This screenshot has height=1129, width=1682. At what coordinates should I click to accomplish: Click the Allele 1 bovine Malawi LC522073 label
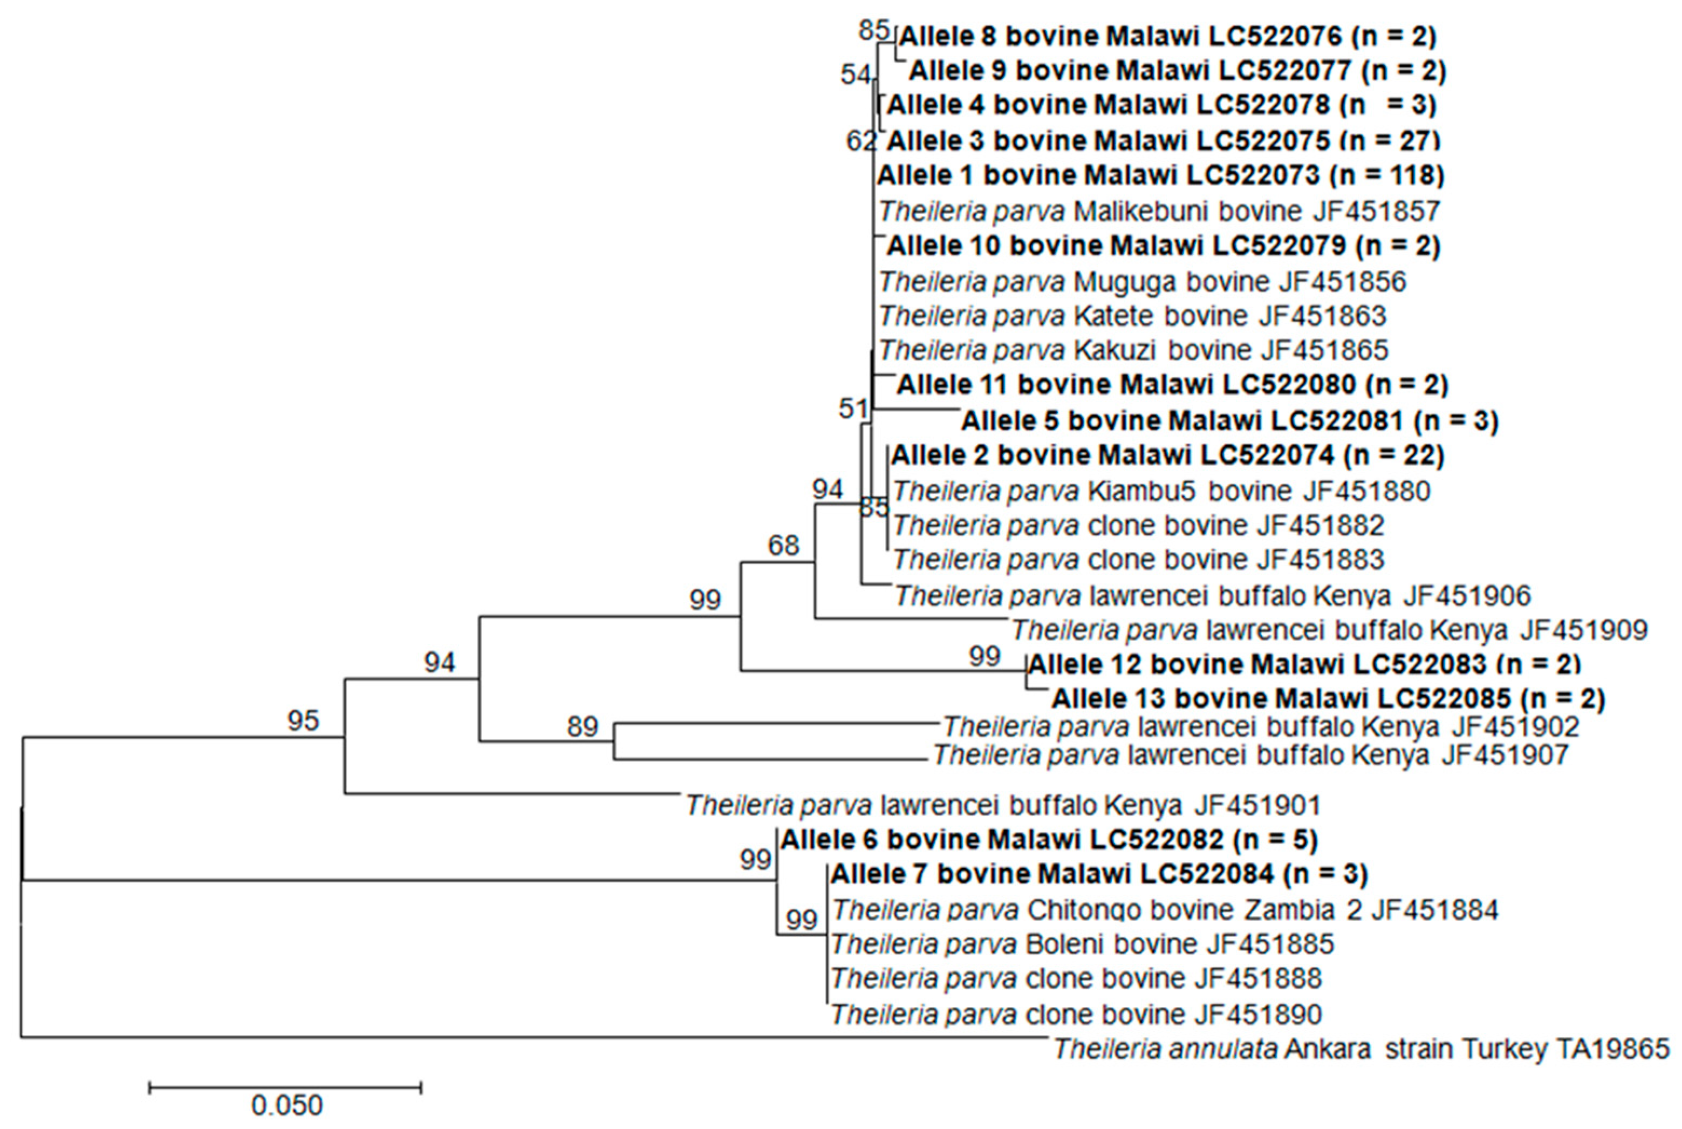click(1160, 175)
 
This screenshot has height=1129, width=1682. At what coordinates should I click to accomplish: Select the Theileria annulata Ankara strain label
click(1361, 1049)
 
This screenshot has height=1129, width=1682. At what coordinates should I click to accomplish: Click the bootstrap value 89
click(582, 726)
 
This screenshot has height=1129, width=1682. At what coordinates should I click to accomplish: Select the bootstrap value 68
click(783, 545)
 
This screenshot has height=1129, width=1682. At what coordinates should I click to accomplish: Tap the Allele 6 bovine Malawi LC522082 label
click(1049, 840)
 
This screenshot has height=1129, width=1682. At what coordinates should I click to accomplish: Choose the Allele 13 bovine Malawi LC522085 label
click(1328, 698)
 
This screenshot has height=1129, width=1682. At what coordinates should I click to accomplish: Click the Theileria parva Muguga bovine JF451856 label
click(1142, 282)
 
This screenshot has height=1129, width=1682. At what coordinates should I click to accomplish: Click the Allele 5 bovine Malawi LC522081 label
click(1229, 420)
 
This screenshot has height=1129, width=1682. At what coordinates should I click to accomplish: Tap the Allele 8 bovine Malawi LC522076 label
click(1167, 35)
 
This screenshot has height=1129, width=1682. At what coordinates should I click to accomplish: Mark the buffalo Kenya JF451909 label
click(1329, 630)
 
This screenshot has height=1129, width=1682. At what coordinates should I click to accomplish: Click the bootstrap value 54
click(855, 74)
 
